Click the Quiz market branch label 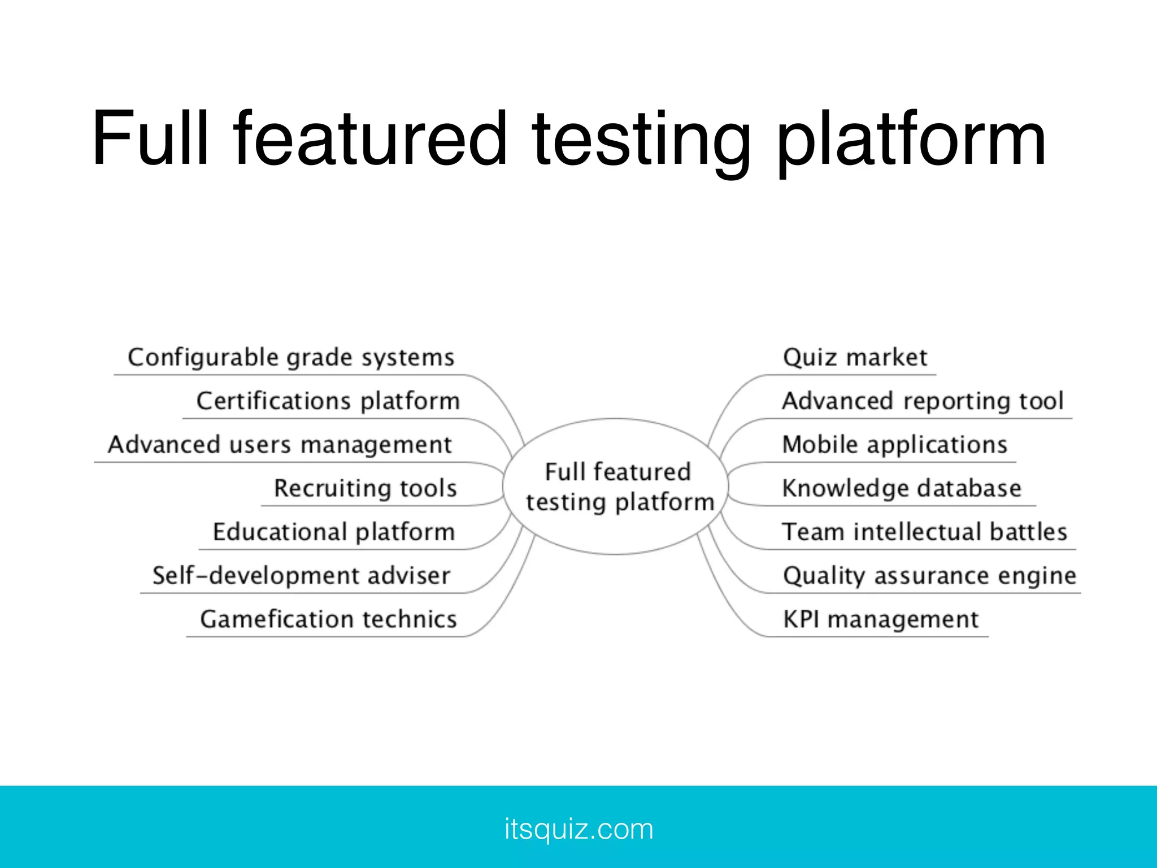pyautogui.click(x=855, y=358)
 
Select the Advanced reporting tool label pyautogui.click(x=923, y=401)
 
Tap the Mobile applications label pyautogui.click(x=894, y=445)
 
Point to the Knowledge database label pyautogui.click(x=902, y=488)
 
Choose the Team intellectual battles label pyautogui.click(x=924, y=532)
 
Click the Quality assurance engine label pyautogui.click(x=929, y=576)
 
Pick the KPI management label pyautogui.click(x=880, y=619)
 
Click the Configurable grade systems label pyautogui.click(x=291, y=358)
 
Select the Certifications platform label pyautogui.click(x=328, y=401)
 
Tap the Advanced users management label pyautogui.click(x=280, y=445)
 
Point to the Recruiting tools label pyautogui.click(x=365, y=488)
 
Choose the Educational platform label pyautogui.click(x=333, y=532)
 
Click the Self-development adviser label pyautogui.click(x=301, y=576)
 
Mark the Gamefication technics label pyautogui.click(x=328, y=619)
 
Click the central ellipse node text pyautogui.click(x=619, y=487)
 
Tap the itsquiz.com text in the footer pyautogui.click(x=578, y=829)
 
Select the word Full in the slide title pyautogui.click(x=150, y=138)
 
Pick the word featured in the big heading pyautogui.click(x=371, y=138)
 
